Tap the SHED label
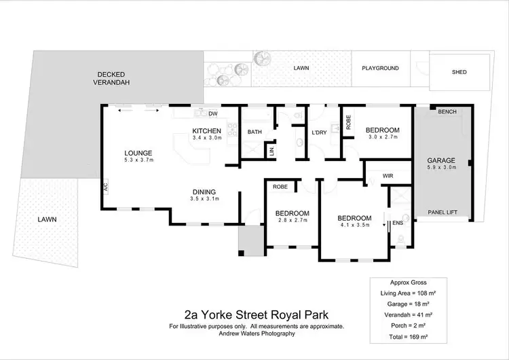[x=461, y=73]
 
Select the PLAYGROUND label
[x=380, y=69]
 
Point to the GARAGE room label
[x=441, y=161]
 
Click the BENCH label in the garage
[x=447, y=111]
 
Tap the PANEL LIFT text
[x=442, y=213]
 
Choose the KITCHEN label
[x=207, y=131]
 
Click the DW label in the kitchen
[x=212, y=113]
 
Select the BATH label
[x=254, y=132]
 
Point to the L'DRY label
[x=320, y=132]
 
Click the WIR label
[x=388, y=176]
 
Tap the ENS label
[x=398, y=223]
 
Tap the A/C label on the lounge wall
[x=106, y=185]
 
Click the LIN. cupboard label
[x=271, y=150]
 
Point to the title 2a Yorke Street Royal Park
[x=256, y=314]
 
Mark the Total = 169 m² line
[x=408, y=337]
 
